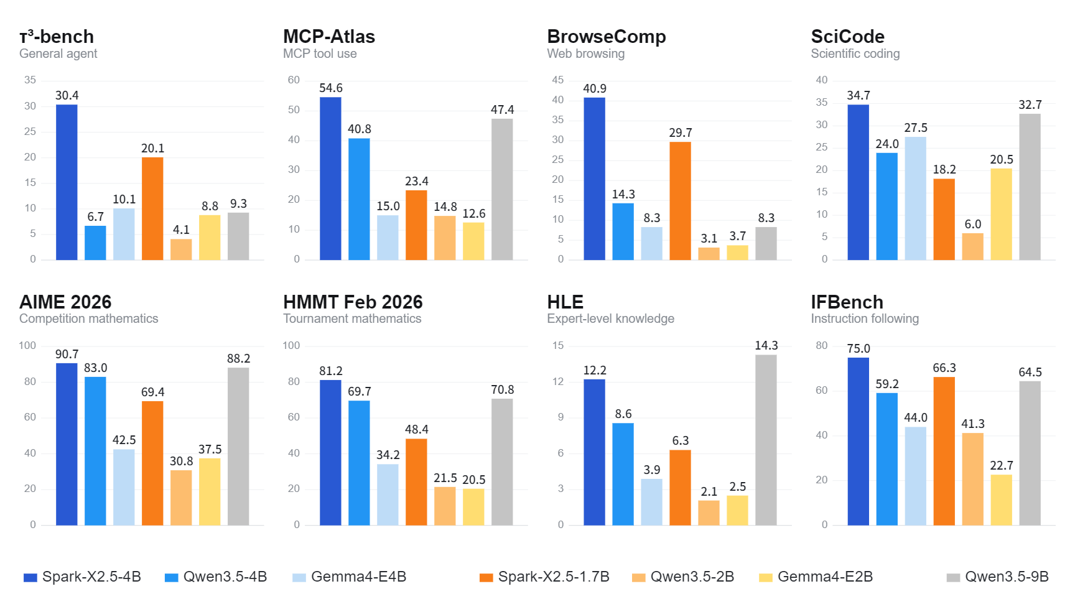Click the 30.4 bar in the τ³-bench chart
67,182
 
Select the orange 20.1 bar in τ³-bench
152,208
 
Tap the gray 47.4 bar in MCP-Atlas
502,189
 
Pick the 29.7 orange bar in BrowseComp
680,201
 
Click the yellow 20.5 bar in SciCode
1001,214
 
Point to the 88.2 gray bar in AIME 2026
238,447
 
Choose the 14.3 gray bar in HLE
766,440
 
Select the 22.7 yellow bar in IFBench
1001,500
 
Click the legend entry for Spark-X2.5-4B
82,577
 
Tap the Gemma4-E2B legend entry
816,577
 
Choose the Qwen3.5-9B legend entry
997,577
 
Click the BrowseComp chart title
607,37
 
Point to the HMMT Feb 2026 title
353,302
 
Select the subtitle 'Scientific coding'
855,53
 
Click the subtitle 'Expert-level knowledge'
610,318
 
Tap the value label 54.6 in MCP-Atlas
331,88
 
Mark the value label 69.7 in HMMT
359,392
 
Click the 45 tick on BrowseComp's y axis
558,80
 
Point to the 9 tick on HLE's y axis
561,417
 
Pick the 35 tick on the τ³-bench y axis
30,80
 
